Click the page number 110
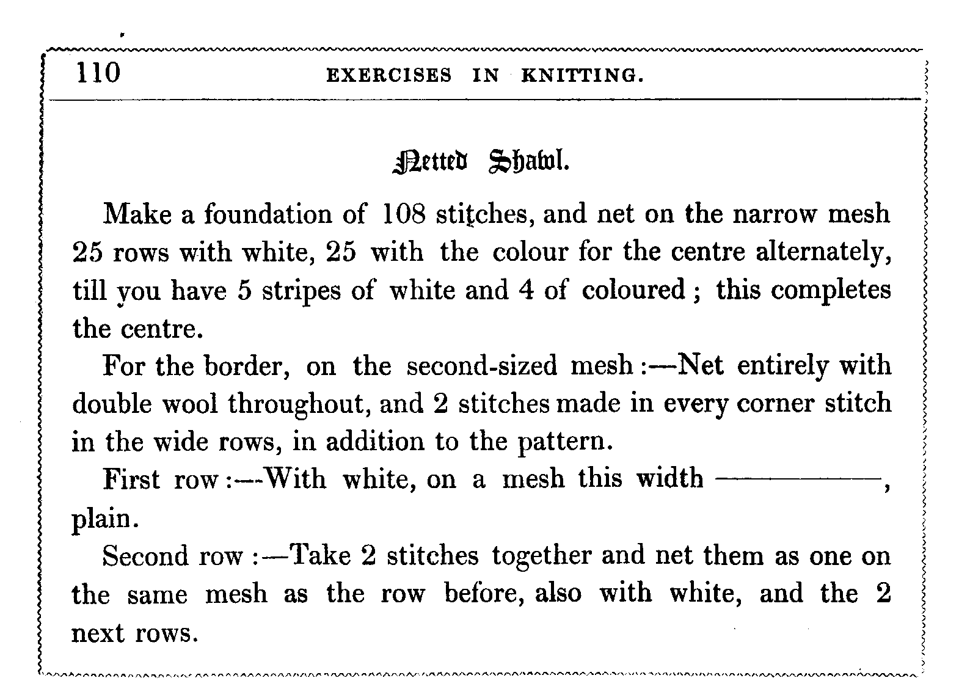98,73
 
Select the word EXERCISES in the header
389,76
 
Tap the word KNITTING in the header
582,76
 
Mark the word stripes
302,291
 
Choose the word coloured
633,290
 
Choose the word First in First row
132,480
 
